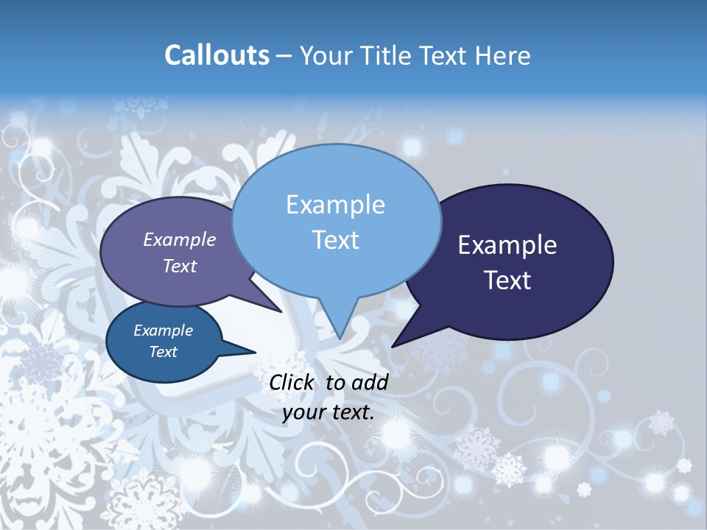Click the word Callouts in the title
point(217,55)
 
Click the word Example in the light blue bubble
point(335,205)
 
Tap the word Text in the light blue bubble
point(335,240)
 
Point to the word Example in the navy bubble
point(507,245)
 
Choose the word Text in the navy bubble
point(507,280)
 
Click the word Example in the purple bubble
point(179,239)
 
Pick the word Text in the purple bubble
point(179,266)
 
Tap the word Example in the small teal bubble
point(163,331)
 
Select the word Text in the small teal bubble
point(163,352)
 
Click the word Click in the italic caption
point(294,382)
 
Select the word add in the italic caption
point(370,382)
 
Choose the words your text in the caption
point(328,412)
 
